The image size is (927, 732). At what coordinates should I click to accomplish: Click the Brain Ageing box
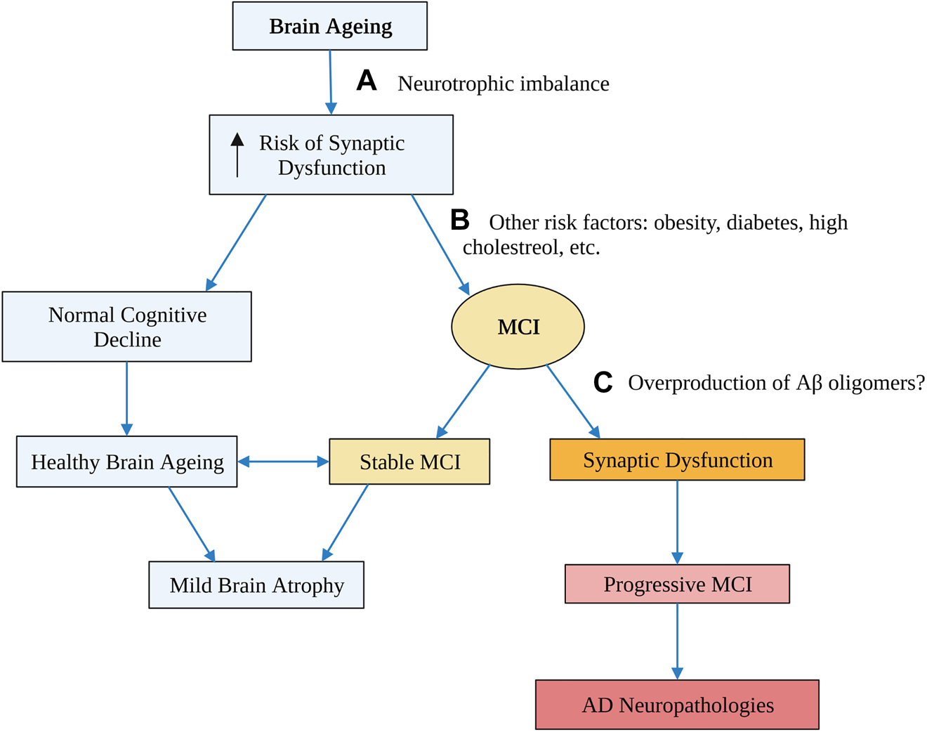coord(330,26)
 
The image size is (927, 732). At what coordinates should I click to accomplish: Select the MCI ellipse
coord(518,327)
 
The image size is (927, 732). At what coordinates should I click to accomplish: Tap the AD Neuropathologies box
coord(677,705)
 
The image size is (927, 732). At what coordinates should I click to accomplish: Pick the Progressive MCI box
coord(677,584)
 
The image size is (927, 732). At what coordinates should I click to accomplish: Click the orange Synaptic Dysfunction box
coord(677,460)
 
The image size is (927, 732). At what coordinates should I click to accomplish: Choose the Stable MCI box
coord(409,462)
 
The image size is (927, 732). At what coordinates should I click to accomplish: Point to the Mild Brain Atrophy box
coord(256,585)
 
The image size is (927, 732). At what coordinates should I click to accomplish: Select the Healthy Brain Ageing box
coord(127,462)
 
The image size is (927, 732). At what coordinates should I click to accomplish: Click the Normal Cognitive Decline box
coord(127,327)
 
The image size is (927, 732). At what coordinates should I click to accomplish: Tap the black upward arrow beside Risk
coord(237,155)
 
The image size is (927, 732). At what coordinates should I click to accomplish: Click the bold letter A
coord(367,81)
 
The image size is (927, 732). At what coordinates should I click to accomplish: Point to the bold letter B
coord(460,220)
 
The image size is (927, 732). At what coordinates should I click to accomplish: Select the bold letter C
coord(603,383)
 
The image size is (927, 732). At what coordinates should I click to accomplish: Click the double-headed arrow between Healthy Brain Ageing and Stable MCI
coord(283,462)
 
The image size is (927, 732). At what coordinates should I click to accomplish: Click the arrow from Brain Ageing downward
coord(331,81)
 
